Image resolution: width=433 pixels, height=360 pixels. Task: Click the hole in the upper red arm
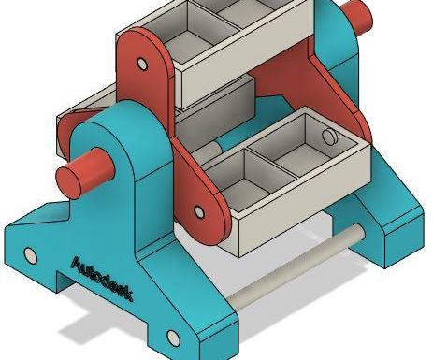142,64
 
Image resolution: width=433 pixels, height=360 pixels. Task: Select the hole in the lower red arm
199,211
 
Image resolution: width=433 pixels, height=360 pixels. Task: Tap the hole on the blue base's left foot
30,255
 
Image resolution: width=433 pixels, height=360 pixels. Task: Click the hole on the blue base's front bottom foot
173,338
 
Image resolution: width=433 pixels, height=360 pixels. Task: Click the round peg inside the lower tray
329,137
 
